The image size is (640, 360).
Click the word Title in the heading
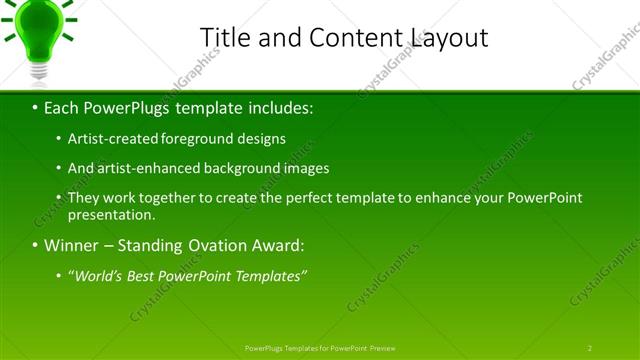[223, 38]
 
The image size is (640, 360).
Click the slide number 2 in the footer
[590, 348]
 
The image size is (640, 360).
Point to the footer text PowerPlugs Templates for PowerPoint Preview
[320, 348]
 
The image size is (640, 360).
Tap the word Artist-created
[110, 139]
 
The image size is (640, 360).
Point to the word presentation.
[112, 214]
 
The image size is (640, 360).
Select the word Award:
[283, 246]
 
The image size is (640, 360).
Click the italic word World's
[98, 276]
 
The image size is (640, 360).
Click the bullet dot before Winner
[35, 246]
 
